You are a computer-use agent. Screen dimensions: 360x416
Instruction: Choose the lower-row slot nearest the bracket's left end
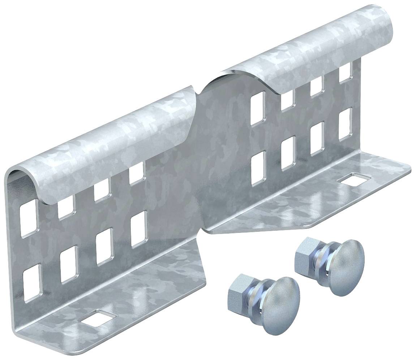pyautogui.click(x=32, y=283)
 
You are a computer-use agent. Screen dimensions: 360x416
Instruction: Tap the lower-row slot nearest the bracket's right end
pyautogui.click(x=346, y=124)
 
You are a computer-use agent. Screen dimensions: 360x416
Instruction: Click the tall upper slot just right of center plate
pyautogui.click(x=258, y=108)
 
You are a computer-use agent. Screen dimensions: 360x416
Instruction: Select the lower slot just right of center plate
pyautogui.click(x=258, y=168)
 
